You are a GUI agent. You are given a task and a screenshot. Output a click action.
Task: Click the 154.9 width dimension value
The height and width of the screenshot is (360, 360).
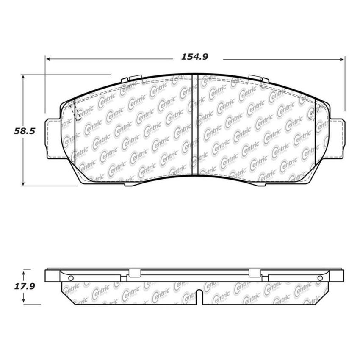click(x=195, y=57)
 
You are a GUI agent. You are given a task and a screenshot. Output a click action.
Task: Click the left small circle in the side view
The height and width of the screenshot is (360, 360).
click(x=71, y=278)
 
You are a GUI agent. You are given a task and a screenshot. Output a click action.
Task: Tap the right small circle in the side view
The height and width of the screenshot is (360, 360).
click(x=319, y=278)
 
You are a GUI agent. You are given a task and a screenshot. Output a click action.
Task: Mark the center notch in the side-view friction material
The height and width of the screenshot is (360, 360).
click(x=199, y=296)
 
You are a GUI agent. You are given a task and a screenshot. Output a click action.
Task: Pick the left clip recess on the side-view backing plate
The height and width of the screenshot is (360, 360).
click(x=134, y=274)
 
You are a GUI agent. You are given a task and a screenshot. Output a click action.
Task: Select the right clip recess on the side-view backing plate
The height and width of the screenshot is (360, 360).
click(x=255, y=274)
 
